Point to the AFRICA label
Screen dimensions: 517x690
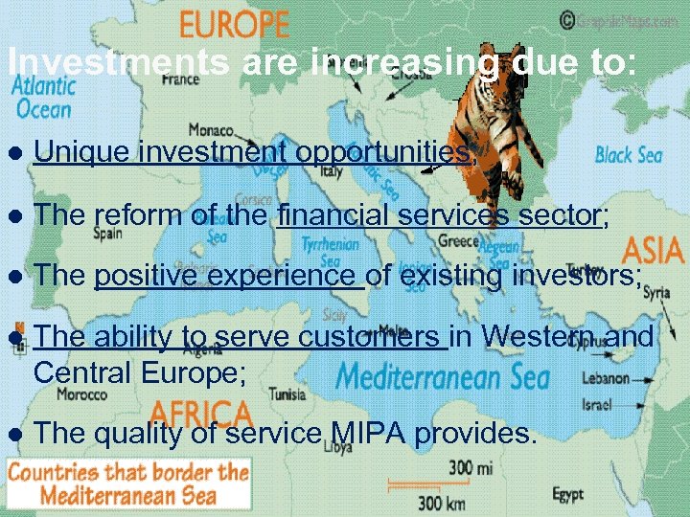click(x=200, y=414)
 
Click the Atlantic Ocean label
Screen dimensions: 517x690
click(x=42, y=97)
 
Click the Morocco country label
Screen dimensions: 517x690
click(x=81, y=393)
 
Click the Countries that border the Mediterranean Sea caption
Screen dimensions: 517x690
click(x=128, y=483)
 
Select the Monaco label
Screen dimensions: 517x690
click(x=210, y=129)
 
